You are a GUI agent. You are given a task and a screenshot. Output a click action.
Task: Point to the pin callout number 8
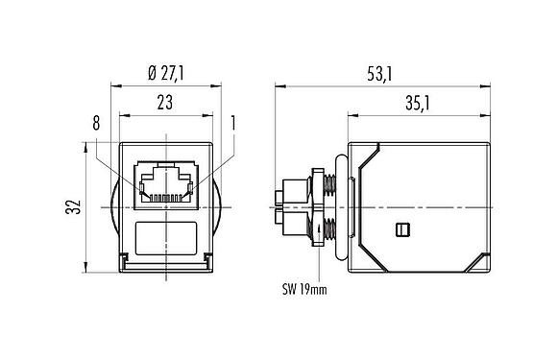(96, 123)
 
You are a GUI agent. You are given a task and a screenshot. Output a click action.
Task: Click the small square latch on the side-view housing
(403, 228)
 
